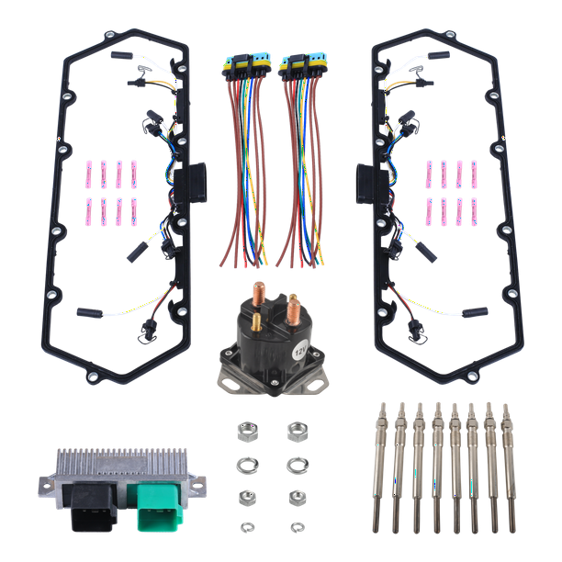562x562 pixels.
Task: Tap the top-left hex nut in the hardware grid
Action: [246, 429]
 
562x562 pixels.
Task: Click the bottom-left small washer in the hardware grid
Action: [246, 526]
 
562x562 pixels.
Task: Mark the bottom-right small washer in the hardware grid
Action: [297, 526]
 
